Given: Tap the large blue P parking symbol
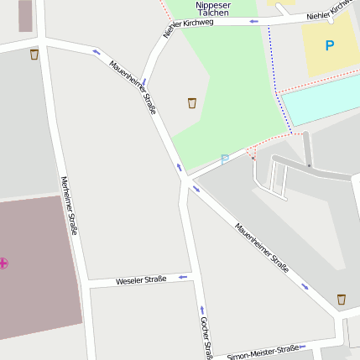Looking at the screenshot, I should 329,46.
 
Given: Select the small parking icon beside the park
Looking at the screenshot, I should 224,159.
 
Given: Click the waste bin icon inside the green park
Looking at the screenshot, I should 192,102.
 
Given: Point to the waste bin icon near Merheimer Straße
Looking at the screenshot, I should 34,55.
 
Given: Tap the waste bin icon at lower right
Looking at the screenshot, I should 342,299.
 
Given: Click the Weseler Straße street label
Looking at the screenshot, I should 141,279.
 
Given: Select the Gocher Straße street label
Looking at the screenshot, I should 206,337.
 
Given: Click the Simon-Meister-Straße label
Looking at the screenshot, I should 263,351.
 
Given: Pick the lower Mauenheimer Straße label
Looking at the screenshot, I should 262,248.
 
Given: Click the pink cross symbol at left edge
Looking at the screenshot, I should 4,263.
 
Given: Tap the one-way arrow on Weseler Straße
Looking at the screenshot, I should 181,275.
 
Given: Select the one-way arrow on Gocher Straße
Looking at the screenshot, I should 202,310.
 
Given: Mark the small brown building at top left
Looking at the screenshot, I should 25,15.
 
